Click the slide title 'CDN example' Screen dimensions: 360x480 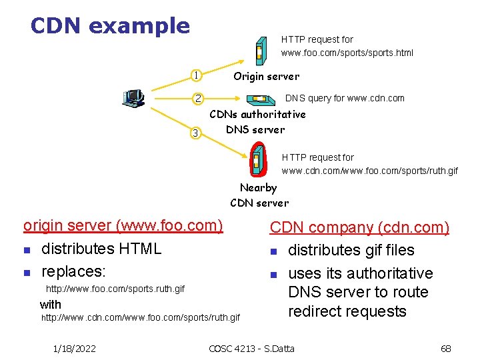(x=110, y=26)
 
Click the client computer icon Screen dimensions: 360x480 (x=133, y=98)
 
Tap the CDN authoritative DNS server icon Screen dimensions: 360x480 (x=259, y=99)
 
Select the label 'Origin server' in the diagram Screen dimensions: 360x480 (x=266, y=77)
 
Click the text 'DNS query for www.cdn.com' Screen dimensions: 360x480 (x=345, y=98)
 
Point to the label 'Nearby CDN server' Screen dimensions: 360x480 (x=259, y=195)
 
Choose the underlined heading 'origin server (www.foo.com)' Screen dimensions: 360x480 (x=123, y=225)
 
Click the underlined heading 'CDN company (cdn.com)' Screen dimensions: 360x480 (x=359, y=227)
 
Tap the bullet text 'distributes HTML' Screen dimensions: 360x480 (x=101, y=249)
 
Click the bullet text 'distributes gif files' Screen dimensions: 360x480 (x=351, y=251)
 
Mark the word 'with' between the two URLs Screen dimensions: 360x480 (x=51, y=304)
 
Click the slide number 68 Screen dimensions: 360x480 (x=446, y=348)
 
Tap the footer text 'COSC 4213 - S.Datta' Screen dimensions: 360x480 (x=251, y=348)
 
